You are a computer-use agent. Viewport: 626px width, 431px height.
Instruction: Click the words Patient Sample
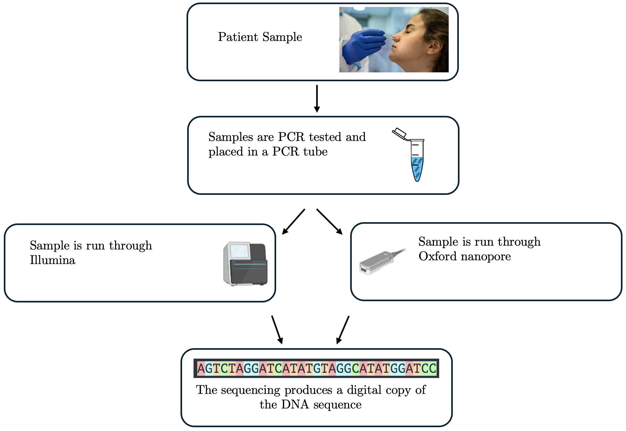pos(260,37)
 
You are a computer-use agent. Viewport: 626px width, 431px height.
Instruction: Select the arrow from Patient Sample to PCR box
pos(317,98)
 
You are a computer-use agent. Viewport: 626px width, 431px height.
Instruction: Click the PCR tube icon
pos(417,160)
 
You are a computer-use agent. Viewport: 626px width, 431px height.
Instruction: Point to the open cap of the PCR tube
pos(399,133)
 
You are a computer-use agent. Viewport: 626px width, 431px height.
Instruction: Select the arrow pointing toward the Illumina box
pos(294,222)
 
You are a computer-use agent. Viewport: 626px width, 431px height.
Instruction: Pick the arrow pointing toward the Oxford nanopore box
pos(330,222)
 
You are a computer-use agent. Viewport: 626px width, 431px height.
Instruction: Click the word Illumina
pos(52,260)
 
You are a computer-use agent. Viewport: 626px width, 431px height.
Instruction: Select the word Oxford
pos(437,256)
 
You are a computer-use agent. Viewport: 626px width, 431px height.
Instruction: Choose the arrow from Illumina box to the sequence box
pos(277,329)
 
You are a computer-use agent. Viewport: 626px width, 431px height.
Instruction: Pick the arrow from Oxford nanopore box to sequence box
pos(343,329)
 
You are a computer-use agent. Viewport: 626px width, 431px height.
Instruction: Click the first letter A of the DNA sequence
pos(201,368)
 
